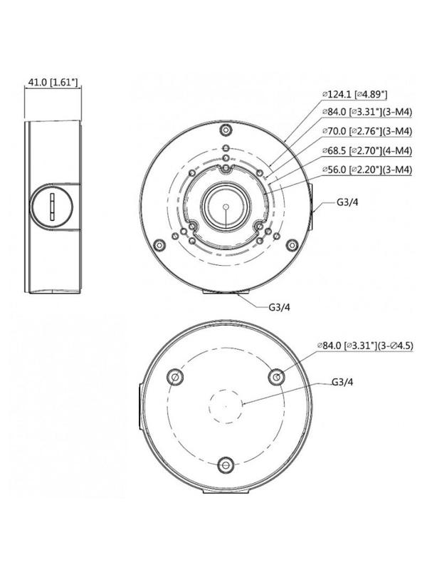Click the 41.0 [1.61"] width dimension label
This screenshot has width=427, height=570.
point(53,83)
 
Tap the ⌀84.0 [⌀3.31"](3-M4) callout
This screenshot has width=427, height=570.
point(367,112)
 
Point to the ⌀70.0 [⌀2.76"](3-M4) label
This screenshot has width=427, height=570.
point(367,131)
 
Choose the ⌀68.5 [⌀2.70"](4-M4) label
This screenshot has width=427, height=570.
point(367,150)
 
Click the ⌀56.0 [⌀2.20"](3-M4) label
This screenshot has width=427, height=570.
point(367,169)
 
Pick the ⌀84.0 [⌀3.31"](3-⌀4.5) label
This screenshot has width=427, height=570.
point(366,346)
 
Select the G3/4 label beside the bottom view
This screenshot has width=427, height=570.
point(344,381)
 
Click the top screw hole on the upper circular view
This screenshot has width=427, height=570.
point(226,131)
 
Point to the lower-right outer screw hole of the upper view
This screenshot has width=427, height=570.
point(290,244)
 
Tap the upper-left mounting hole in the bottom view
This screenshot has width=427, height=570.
point(172,375)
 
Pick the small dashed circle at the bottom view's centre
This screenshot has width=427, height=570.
point(226,405)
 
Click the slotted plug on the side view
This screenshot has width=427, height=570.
point(53,207)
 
